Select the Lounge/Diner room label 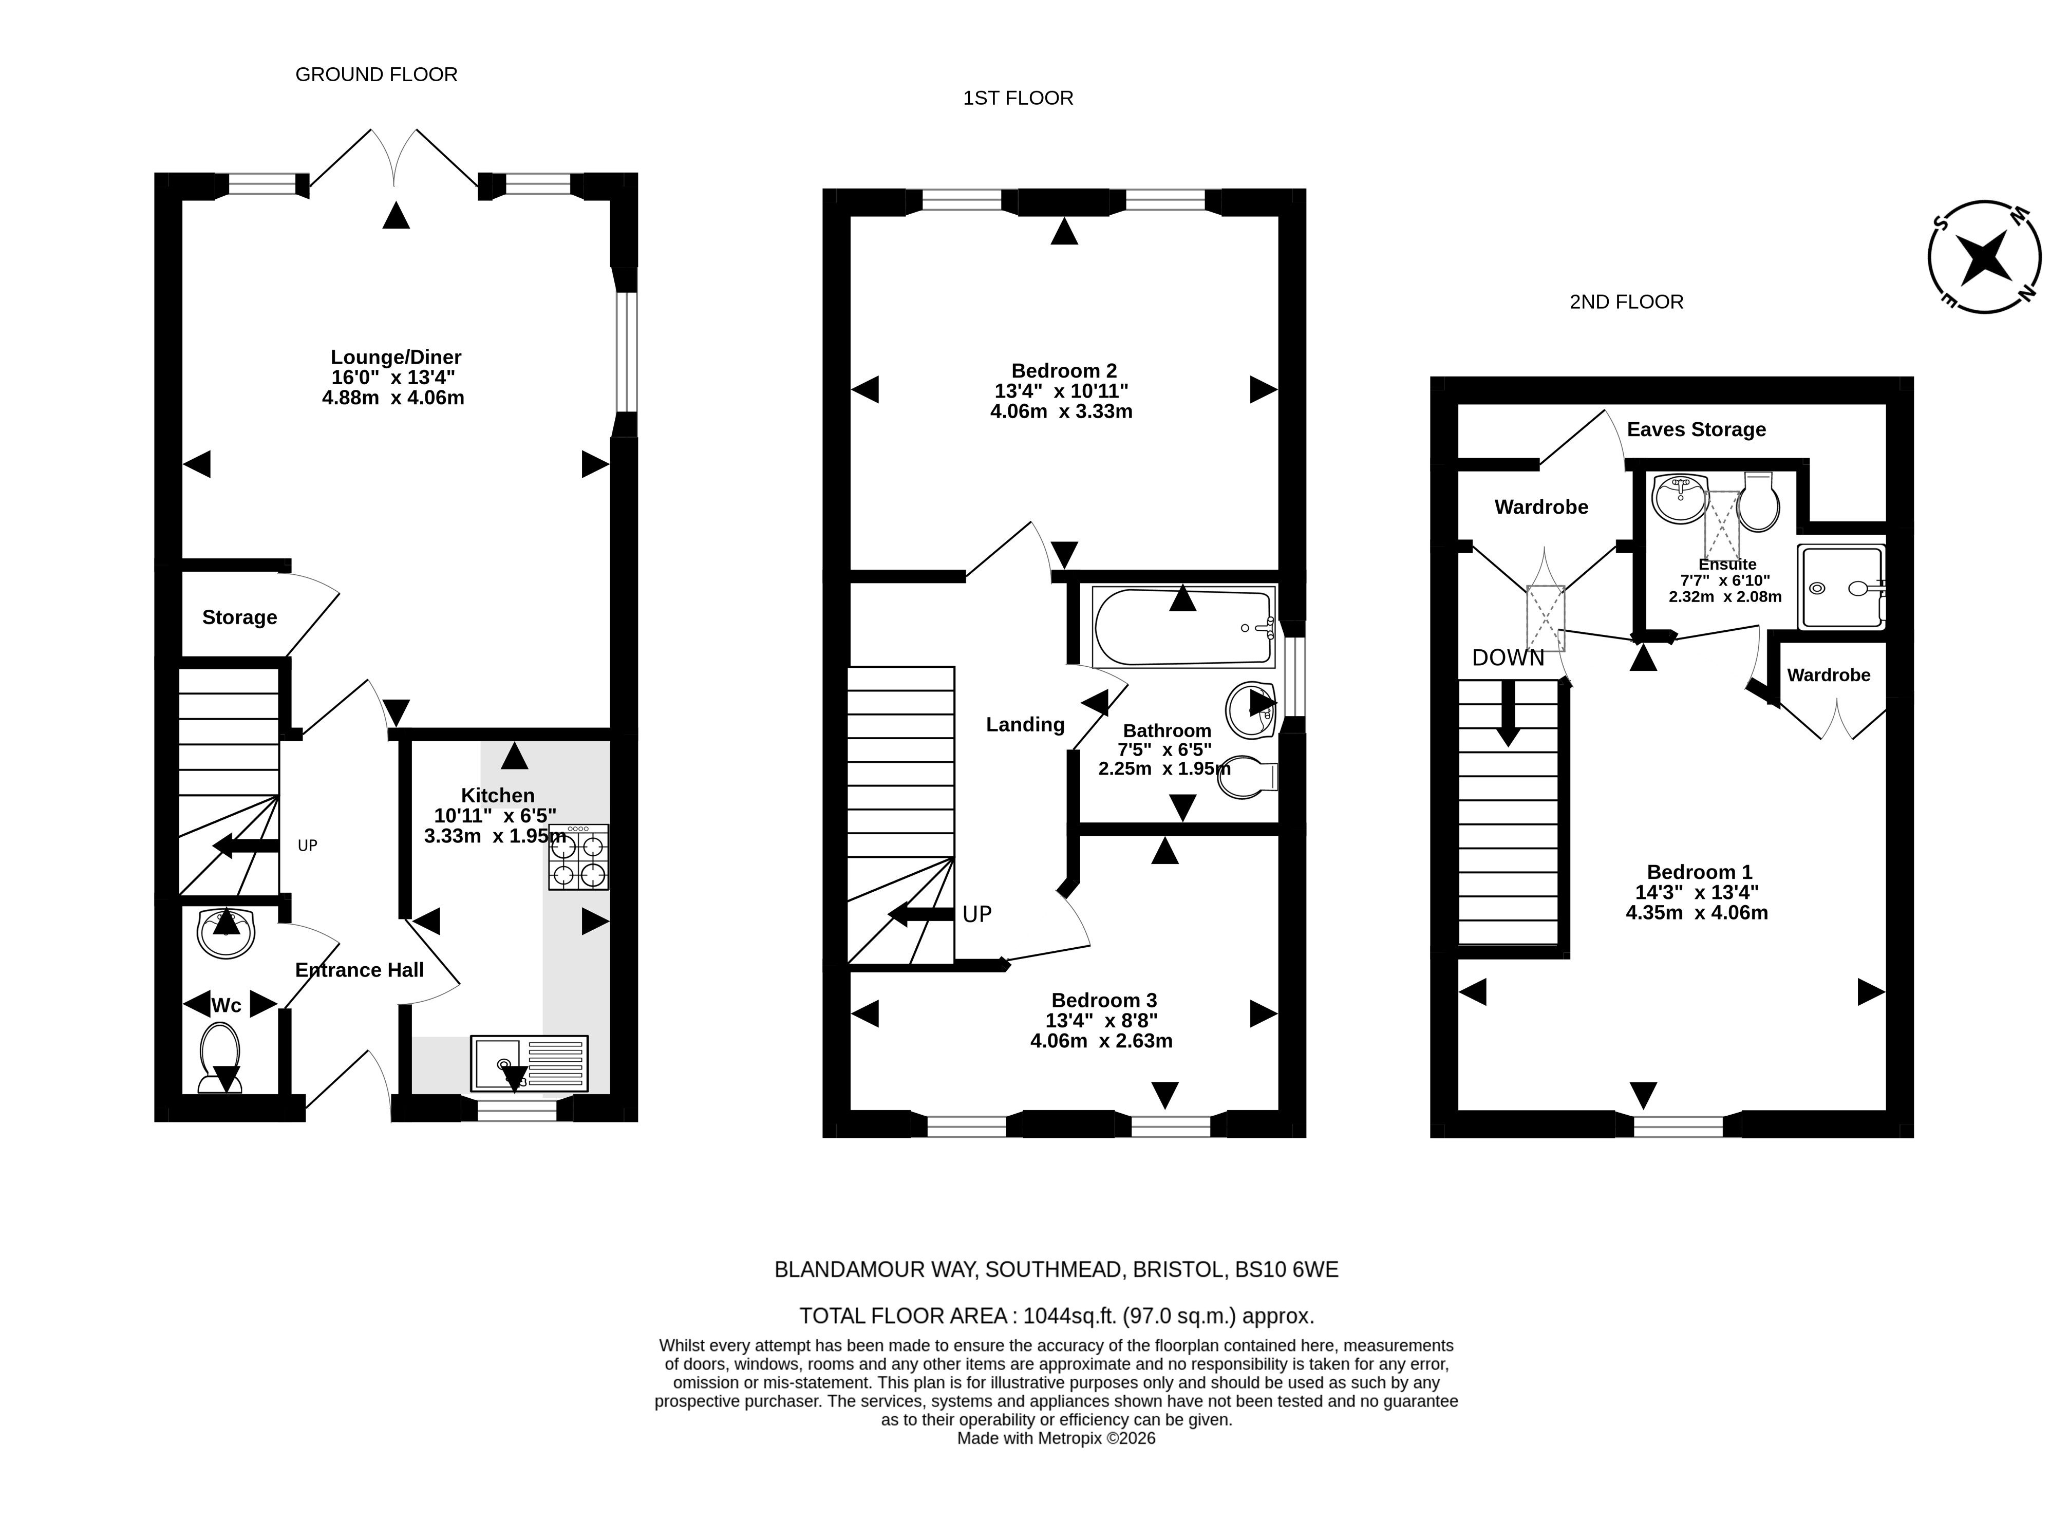396,357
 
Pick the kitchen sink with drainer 529,1062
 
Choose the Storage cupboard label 239,618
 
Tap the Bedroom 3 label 1104,1000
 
